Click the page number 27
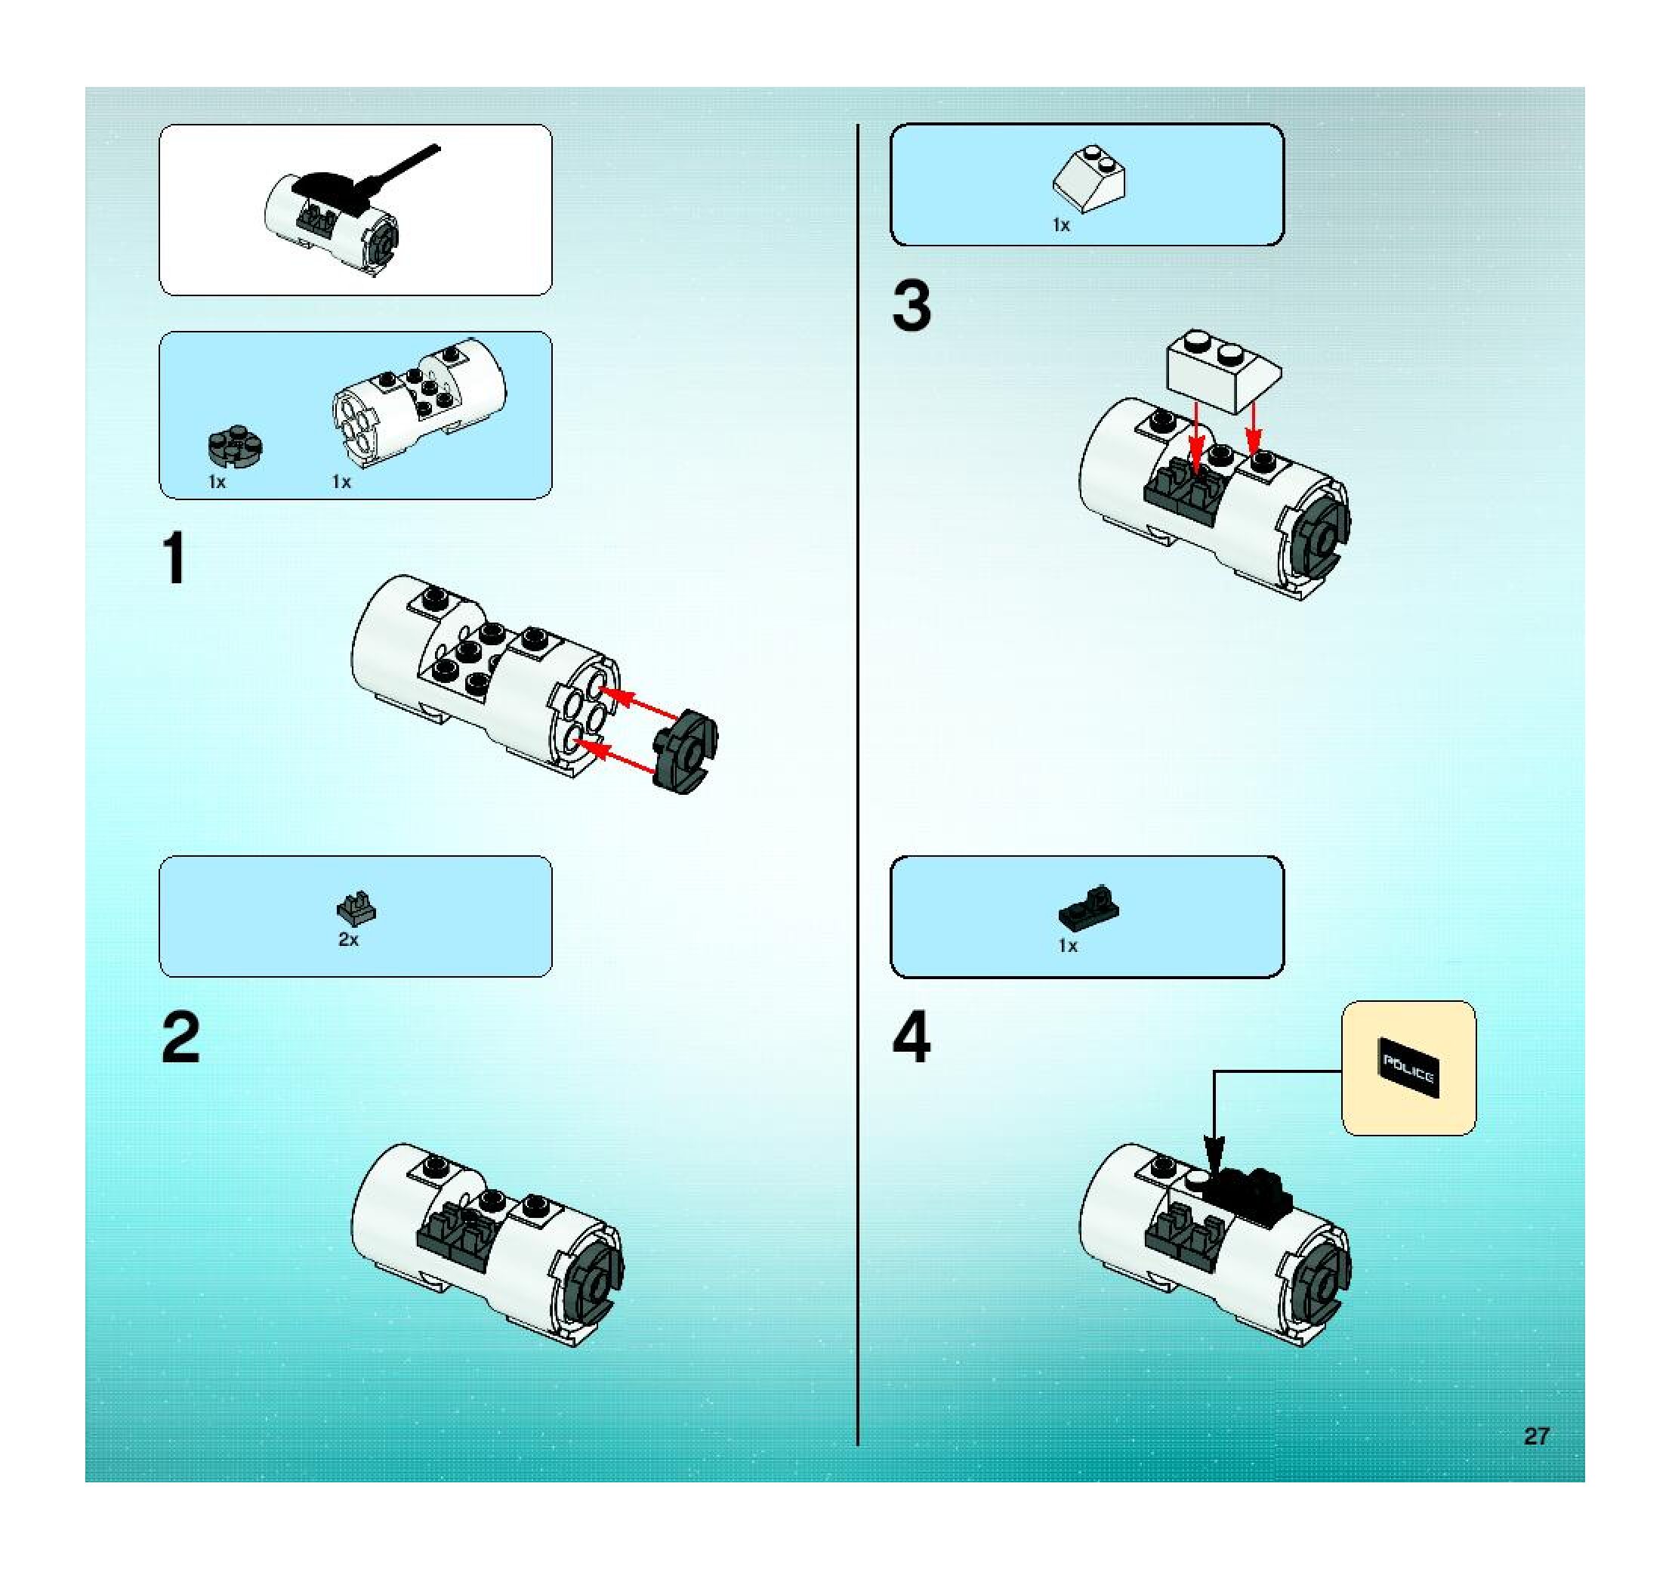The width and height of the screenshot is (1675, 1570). point(1535,1436)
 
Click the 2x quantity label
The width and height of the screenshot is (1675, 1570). point(348,939)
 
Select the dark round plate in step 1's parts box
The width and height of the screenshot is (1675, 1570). point(235,446)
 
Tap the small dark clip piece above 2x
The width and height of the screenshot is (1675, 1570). point(356,907)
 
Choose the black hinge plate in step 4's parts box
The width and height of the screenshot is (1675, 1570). point(1088,906)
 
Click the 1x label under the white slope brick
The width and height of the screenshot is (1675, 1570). point(1061,225)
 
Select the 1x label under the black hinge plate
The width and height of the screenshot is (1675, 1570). point(1068,945)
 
